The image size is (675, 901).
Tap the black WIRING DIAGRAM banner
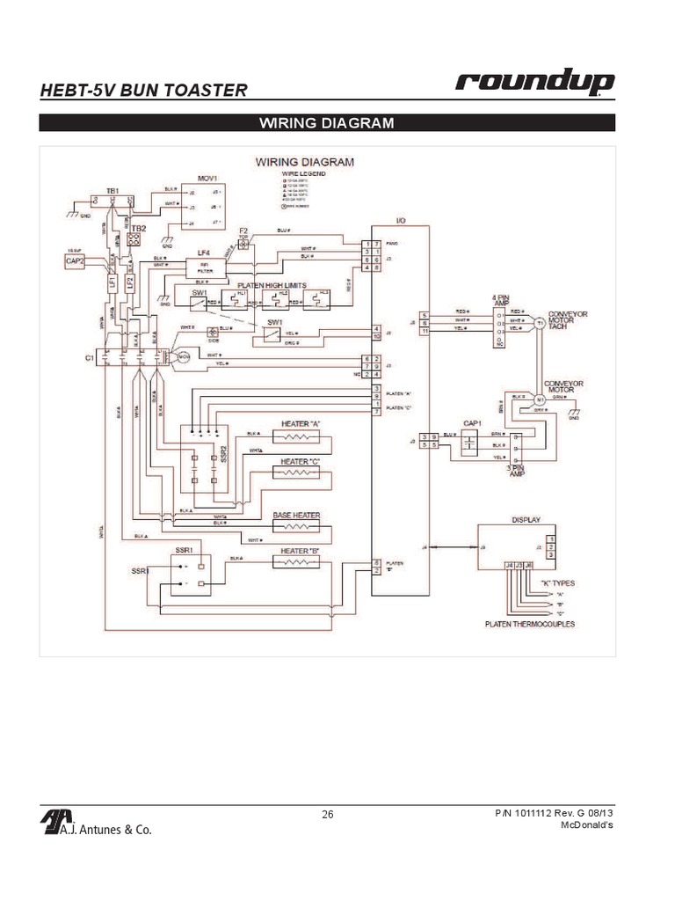click(327, 122)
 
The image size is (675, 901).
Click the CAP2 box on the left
click(75, 261)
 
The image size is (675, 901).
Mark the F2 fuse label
click(243, 231)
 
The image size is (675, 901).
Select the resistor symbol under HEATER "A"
click(301, 436)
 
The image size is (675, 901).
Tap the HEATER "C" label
click(301, 461)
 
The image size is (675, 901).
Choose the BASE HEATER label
click(296, 515)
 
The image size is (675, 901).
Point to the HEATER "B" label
click(301, 551)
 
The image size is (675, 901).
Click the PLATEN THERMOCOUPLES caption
click(529, 624)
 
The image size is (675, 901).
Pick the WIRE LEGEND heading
click(304, 174)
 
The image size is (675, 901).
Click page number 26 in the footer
click(327, 815)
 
